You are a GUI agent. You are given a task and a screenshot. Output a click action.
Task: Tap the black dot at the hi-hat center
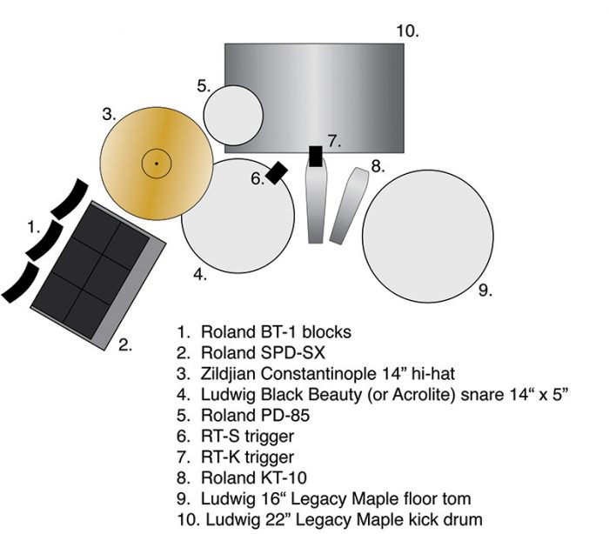tap(157, 164)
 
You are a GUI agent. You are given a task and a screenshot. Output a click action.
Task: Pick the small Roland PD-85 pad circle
tap(233, 115)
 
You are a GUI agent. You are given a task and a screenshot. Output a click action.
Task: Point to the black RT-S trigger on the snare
tap(278, 172)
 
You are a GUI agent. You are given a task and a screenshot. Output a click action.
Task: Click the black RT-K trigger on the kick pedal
tap(316, 156)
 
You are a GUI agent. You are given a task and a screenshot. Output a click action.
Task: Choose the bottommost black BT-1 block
tap(20, 281)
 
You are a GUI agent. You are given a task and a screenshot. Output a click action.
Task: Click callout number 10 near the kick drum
tap(407, 31)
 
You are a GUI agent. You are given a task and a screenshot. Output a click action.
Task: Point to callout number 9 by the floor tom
tap(485, 290)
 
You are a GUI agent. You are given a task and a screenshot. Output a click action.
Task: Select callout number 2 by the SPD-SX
tap(125, 344)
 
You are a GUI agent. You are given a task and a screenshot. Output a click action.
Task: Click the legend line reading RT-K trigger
tap(247, 457)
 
